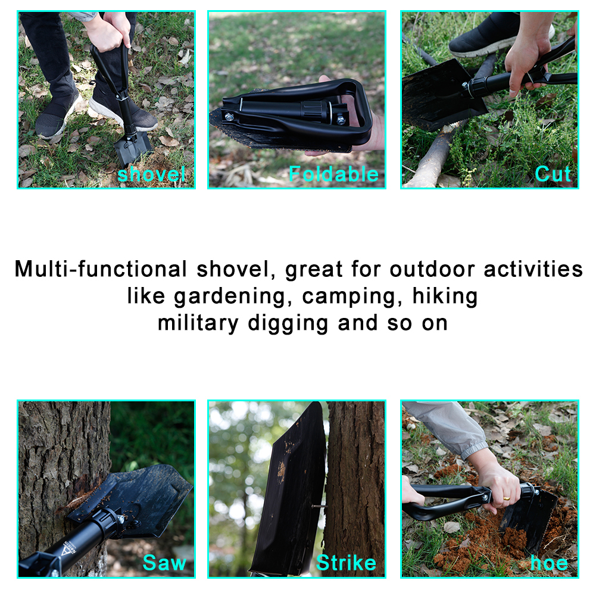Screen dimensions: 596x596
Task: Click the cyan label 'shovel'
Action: [x=151, y=174]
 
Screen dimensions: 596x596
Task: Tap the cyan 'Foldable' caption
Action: [x=334, y=174]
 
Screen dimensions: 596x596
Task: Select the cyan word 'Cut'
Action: [x=553, y=174]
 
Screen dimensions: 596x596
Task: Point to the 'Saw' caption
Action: [x=164, y=563]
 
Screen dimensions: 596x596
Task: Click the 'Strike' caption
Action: [x=346, y=563]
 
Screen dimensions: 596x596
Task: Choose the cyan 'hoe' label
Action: [x=549, y=563]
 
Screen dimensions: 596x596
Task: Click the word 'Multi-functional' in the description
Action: [x=101, y=269]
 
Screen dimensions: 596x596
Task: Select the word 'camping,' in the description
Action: [x=352, y=297]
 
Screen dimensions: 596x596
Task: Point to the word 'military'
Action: [x=198, y=323]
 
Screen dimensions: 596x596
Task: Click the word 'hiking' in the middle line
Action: [x=445, y=296]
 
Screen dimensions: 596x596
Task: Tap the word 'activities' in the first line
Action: [x=533, y=269]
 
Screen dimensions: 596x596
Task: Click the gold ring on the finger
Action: [x=506, y=498]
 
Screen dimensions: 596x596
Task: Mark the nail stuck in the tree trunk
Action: [x=319, y=506]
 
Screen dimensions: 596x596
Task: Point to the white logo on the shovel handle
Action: [x=68, y=547]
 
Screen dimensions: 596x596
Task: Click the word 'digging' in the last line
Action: [x=288, y=324]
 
